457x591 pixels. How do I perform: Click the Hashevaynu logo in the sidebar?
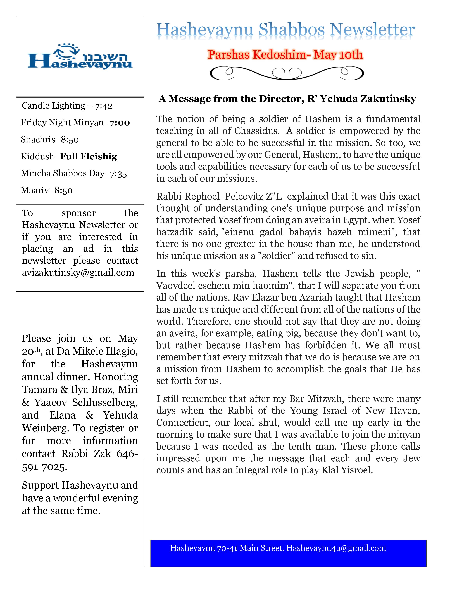(x=80, y=56)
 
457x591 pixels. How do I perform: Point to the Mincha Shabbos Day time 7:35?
(x=118, y=174)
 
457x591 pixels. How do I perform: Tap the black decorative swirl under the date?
(x=287, y=73)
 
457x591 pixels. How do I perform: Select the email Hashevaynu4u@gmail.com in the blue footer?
(x=336, y=548)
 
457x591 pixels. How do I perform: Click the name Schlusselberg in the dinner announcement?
(x=105, y=403)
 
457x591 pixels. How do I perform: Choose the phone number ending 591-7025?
(x=44, y=467)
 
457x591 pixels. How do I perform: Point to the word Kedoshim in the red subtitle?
(x=279, y=55)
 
